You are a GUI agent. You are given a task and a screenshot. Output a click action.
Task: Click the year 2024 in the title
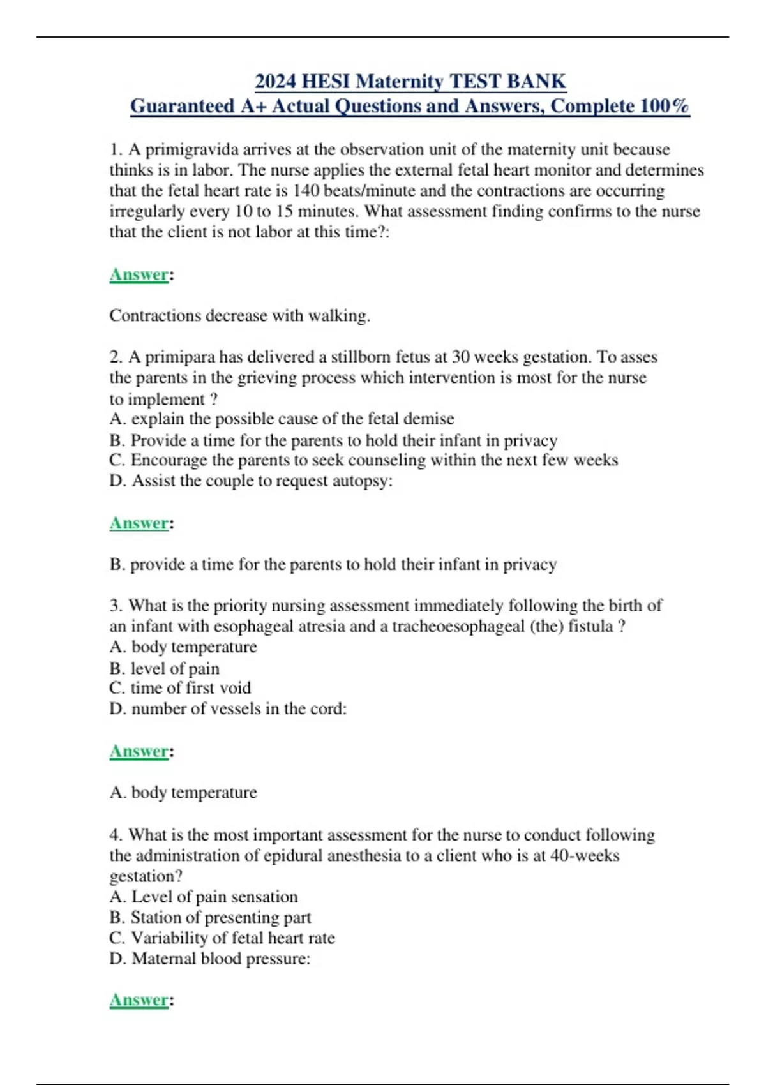pyautogui.click(x=275, y=82)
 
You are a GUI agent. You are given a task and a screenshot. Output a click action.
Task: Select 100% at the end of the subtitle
pyautogui.click(x=665, y=106)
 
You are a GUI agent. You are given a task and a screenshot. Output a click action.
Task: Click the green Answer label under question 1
pyautogui.click(x=139, y=274)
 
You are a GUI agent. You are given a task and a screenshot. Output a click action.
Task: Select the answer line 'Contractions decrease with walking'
pyautogui.click(x=239, y=316)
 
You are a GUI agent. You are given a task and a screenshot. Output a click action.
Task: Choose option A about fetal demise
pyautogui.click(x=282, y=419)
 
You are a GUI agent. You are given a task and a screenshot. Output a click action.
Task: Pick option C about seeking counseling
pyautogui.click(x=363, y=460)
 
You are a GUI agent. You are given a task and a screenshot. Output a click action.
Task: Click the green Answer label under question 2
pyautogui.click(x=139, y=523)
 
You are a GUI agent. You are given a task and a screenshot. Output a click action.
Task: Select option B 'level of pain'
pyautogui.click(x=165, y=668)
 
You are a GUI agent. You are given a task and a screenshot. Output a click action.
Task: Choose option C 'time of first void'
pyautogui.click(x=180, y=688)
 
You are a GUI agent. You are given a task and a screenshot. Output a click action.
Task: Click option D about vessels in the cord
pyautogui.click(x=228, y=708)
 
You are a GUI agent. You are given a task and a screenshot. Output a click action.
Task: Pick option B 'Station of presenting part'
pyautogui.click(x=210, y=917)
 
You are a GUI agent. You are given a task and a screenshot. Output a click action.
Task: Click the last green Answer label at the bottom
pyautogui.click(x=139, y=1000)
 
